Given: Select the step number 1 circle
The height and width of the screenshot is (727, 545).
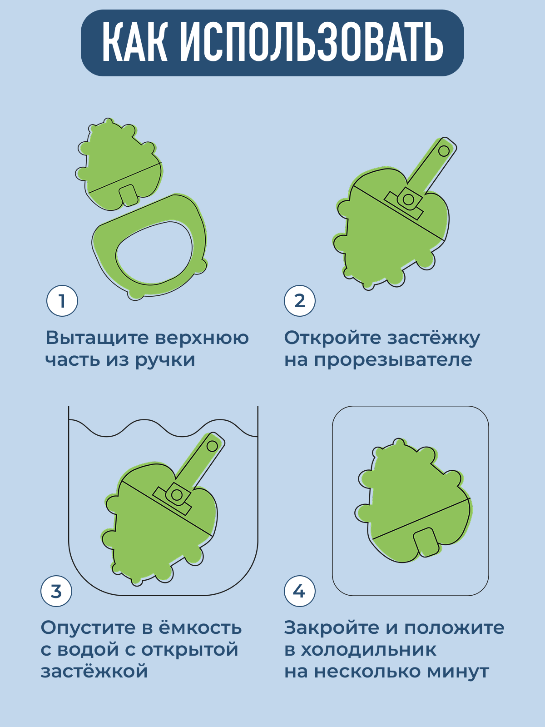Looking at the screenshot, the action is tap(62, 301).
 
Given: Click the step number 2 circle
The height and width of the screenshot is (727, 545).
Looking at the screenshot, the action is tap(300, 301).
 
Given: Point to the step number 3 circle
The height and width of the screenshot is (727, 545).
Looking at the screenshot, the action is tap(57, 591).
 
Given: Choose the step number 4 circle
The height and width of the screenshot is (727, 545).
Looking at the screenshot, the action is tap(300, 591).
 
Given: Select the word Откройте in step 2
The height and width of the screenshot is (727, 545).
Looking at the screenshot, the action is tap(332, 339).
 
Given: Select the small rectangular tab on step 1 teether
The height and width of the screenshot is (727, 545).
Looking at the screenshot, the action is tap(128, 195).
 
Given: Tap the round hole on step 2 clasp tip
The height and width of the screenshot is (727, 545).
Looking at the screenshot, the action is tap(444, 151).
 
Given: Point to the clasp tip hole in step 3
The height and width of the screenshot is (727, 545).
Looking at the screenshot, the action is tap(212, 446).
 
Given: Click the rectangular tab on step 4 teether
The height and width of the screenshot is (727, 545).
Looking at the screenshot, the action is tap(426, 542).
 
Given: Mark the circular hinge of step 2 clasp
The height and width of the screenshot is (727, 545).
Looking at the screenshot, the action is tap(408, 200).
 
